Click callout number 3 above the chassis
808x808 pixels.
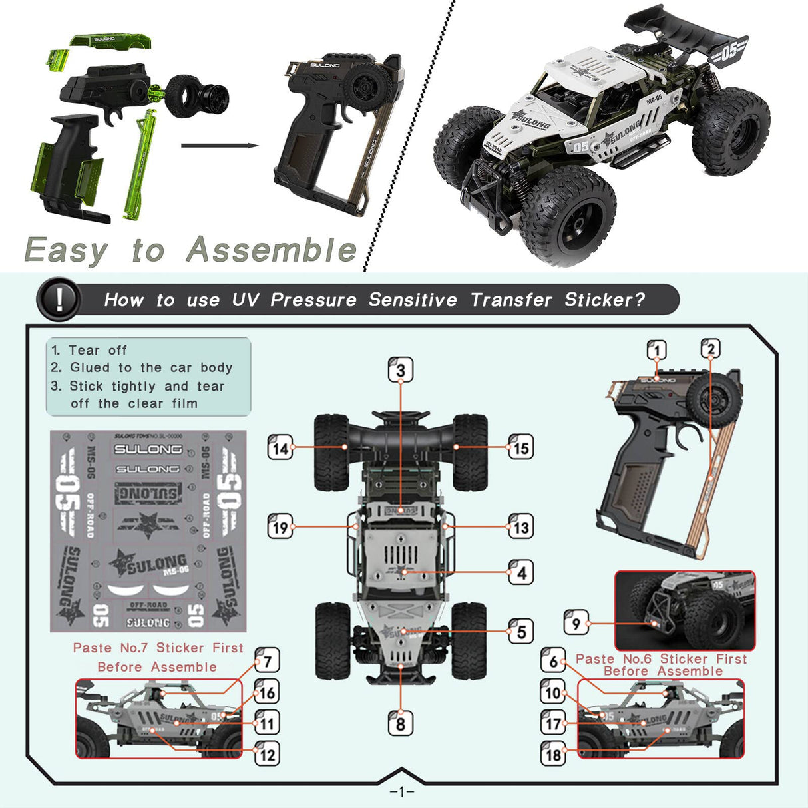click(401, 370)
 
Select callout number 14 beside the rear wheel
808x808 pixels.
click(280, 447)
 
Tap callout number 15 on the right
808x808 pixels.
click(521, 447)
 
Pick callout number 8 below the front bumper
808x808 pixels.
click(401, 723)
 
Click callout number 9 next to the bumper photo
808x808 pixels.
click(576, 623)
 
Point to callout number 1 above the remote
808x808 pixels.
click(657, 350)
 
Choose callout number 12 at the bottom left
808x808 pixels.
click(267, 755)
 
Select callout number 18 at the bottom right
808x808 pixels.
click(554, 754)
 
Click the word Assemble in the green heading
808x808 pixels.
click(271, 250)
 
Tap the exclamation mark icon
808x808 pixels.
click(59, 300)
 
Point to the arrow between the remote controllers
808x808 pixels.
click(220, 145)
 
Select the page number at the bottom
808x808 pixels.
click(401, 791)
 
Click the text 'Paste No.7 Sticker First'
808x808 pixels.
click(158, 648)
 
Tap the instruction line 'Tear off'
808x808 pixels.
click(89, 350)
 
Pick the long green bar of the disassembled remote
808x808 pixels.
click(141, 166)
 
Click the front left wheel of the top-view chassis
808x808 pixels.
click(331, 639)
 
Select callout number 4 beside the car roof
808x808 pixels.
click(521, 572)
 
